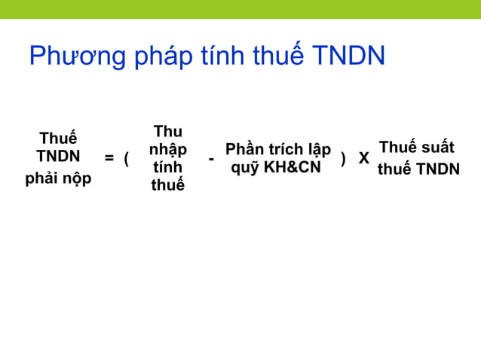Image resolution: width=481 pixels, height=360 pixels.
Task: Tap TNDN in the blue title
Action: [x=348, y=56]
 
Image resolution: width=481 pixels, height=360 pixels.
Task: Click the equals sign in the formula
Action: [x=109, y=158]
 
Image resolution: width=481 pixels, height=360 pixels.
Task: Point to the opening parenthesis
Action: [x=127, y=158]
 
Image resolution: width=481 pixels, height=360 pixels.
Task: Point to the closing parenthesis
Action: [x=344, y=158]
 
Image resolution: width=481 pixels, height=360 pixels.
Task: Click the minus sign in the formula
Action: [x=211, y=159]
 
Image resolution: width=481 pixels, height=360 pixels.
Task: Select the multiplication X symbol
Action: [x=363, y=158]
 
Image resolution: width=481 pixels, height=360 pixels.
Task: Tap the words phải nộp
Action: [x=58, y=178]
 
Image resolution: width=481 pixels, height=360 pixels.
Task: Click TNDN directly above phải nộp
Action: [x=58, y=157]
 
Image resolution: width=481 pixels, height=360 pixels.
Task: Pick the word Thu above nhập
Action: [x=167, y=131]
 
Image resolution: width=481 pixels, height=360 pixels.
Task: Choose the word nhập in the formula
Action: [x=167, y=149]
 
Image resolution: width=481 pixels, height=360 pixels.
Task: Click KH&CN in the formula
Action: [x=292, y=167]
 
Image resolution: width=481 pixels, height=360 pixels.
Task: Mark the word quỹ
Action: [x=245, y=167]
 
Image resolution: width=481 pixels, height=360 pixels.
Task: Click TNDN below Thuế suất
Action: [x=438, y=169]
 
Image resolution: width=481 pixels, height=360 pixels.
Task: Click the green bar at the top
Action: [x=240, y=9]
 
